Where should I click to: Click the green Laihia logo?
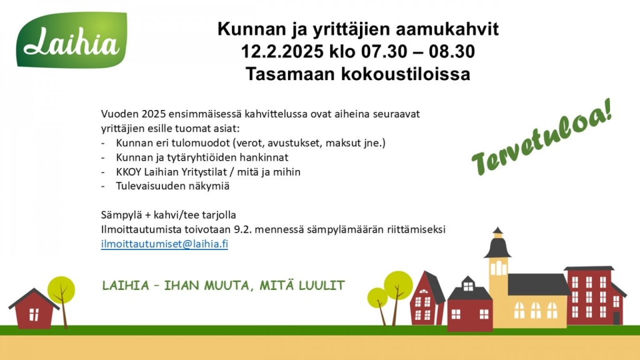[x=72, y=40]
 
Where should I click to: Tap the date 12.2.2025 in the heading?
[x=282, y=52]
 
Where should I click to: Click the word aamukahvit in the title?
[x=447, y=29]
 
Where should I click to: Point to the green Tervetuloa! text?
[x=542, y=137]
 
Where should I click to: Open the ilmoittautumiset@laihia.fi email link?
[x=164, y=244]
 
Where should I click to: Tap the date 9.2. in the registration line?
[x=242, y=229]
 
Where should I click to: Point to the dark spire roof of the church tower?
[x=497, y=246]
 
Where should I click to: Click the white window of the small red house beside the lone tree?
[x=34, y=314]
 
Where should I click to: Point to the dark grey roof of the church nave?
[x=539, y=284]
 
